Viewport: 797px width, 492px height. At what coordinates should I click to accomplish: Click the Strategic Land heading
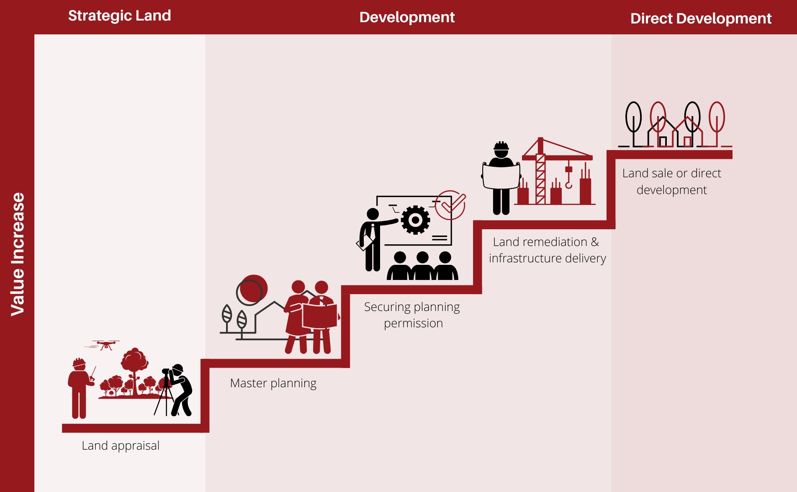(120, 16)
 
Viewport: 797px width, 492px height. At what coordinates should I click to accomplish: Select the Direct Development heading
(701, 18)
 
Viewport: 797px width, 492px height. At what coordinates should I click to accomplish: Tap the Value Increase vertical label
(18, 254)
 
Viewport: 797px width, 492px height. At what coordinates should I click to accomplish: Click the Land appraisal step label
(121, 445)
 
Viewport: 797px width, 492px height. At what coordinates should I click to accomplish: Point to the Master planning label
(273, 383)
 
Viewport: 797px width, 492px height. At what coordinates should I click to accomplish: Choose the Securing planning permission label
(412, 315)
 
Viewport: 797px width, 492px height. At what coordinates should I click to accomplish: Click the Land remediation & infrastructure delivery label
(547, 250)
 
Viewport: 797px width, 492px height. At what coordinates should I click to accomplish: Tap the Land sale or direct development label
(672, 181)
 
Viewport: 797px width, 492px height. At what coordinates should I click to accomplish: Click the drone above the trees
(106, 345)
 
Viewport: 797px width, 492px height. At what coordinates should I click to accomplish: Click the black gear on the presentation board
(415, 220)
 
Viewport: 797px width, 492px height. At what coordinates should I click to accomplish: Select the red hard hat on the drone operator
(79, 363)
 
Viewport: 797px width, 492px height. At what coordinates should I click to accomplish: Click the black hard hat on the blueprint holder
(501, 146)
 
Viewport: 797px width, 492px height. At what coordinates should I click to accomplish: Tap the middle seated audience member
(423, 266)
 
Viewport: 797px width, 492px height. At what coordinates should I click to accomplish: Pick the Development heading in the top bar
(407, 17)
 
